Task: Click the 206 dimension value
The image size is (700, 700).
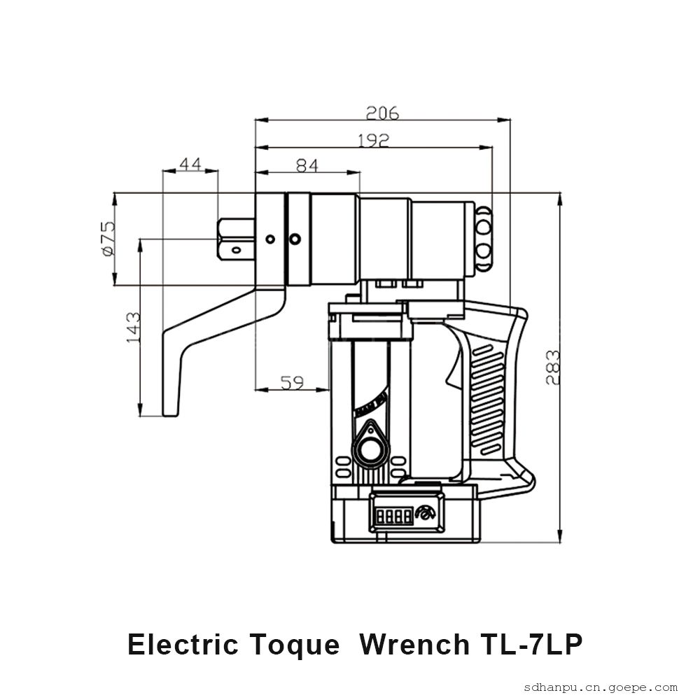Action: [x=382, y=113]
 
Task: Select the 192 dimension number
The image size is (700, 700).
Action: [x=374, y=141]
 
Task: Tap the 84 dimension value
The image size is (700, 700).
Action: [x=307, y=166]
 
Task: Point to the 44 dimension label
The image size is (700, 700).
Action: [x=190, y=164]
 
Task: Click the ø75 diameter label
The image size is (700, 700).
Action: [x=108, y=239]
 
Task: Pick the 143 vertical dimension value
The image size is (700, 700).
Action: [x=133, y=327]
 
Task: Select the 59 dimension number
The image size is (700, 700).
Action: [x=292, y=382]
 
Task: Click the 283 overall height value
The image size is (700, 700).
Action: [x=553, y=367]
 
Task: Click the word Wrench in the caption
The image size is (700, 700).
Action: [x=414, y=645]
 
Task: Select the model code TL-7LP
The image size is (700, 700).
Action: [x=531, y=645]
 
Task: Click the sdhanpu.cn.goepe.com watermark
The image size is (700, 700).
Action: [x=601, y=687]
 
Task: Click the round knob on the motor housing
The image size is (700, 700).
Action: [x=370, y=449]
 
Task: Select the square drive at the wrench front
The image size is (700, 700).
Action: [x=236, y=239]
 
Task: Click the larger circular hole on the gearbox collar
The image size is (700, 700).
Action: [x=295, y=239]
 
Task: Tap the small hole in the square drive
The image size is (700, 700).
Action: [x=236, y=250]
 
